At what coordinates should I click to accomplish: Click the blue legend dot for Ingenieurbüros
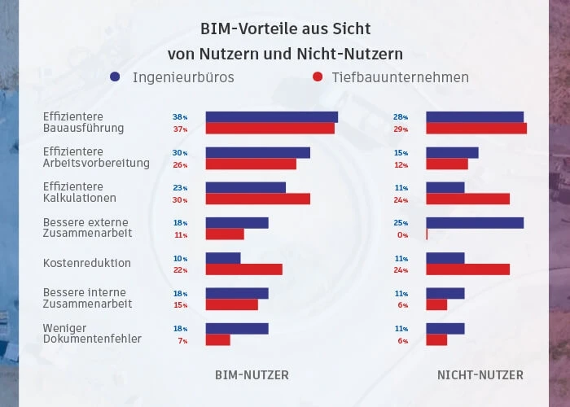115,77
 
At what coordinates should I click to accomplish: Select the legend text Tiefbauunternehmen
400,77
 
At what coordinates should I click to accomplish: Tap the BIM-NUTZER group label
252,375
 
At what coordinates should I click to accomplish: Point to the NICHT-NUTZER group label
480,375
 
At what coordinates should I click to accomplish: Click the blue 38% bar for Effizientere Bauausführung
271,117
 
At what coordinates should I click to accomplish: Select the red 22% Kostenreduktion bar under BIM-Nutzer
243,269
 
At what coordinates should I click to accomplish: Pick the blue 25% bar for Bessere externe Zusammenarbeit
475,223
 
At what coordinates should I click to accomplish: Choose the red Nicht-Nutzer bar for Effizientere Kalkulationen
467,199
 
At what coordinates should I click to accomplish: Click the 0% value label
401,234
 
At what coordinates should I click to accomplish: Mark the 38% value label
180,117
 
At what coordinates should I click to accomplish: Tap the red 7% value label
182,340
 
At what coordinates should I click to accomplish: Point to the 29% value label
401,129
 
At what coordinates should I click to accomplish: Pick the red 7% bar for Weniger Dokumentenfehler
217,340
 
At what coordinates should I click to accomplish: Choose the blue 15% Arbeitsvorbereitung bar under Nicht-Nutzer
452,153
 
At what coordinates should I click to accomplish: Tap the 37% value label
180,129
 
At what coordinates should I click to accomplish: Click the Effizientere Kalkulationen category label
80,193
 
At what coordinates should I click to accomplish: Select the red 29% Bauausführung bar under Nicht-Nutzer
476,129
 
